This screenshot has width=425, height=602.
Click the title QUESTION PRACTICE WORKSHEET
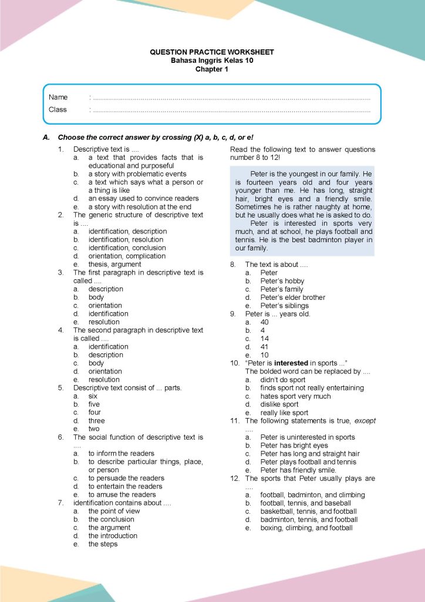point(212,52)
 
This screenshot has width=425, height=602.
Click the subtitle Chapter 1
point(212,69)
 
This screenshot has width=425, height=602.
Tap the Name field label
point(58,97)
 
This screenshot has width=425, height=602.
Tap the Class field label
point(58,109)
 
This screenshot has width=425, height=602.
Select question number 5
point(61,388)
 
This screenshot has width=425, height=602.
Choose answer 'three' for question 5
point(96,421)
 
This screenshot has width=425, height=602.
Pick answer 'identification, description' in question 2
point(127,232)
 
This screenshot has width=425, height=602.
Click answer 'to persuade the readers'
point(126,479)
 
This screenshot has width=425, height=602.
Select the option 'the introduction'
point(113,536)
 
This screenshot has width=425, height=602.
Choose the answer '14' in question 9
point(265,339)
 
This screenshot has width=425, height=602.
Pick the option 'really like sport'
point(284,413)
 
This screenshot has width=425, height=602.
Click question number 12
point(234,479)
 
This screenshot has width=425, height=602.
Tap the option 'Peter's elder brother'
point(292,297)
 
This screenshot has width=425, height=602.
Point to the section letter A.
point(46,137)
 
